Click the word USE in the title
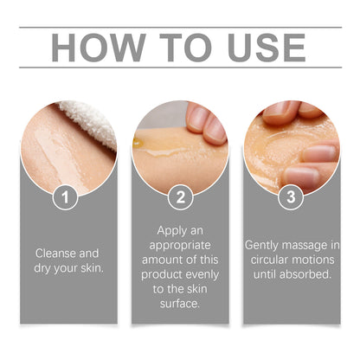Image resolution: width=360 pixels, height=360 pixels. pos(267,48)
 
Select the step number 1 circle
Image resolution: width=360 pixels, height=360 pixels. pos(65,197)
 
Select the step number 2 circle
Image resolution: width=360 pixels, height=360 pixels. pos(181,197)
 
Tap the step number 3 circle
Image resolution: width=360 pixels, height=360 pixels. pos(291,196)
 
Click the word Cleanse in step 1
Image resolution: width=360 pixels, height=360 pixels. pos(55,254)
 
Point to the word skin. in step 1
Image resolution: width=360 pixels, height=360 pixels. pos(92,268)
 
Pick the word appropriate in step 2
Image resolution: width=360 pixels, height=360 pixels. pos(180,246)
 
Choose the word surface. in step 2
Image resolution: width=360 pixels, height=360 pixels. pos(180,304)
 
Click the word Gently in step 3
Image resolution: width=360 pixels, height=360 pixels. pos(262,246)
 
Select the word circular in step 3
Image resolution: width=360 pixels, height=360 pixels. pos(268,260)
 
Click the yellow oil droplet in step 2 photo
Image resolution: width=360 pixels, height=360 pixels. pos(138,142)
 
